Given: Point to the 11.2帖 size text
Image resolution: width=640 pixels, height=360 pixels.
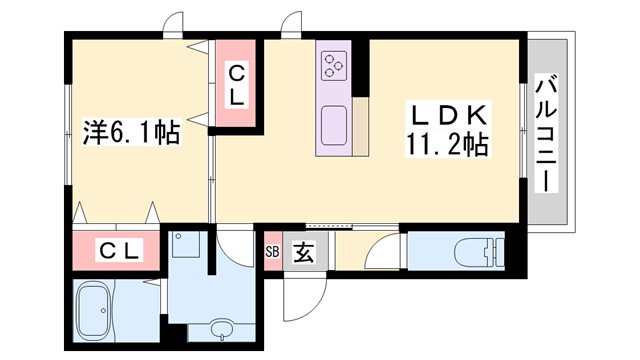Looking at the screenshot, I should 446,146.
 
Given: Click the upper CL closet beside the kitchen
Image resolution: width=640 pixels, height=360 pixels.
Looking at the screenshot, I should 237,85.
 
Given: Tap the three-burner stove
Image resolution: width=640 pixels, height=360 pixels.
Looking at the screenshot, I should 333,66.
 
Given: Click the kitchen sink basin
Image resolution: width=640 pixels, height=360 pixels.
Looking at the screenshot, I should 333,126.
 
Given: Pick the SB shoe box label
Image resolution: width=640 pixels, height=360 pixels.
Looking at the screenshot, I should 272,252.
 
